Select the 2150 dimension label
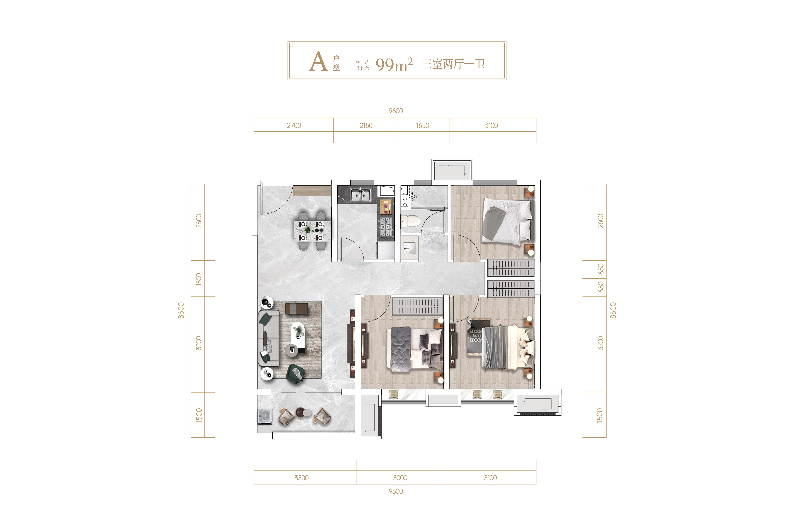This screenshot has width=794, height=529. pyautogui.click(x=366, y=125)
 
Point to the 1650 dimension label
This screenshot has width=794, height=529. pyautogui.click(x=423, y=125)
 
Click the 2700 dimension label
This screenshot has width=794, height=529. pyautogui.click(x=294, y=125)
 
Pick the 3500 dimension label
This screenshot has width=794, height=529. pyautogui.click(x=301, y=478)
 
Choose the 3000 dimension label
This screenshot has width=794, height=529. pyautogui.click(x=400, y=478)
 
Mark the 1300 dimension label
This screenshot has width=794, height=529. pyautogui.click(x=199, y=279)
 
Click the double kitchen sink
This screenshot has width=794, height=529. pyautogui.click(x=360, y=195)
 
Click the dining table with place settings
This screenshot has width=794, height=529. pyautogui.click(x=312, y=231)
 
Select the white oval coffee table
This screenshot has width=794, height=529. pyautogui.click(x=298, y=334)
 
